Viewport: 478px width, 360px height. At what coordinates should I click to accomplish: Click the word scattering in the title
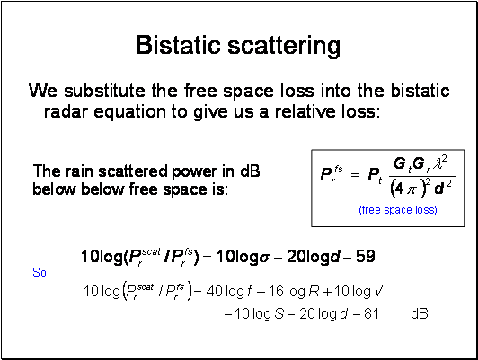click(284, 47)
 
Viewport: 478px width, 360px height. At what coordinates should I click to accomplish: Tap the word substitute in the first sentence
click(104, 91)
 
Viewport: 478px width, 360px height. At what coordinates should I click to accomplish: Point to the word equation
click(130, 113)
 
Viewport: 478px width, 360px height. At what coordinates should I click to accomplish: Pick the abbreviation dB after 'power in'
click(250, 171)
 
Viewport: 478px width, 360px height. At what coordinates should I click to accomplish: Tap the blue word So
click(40, 272)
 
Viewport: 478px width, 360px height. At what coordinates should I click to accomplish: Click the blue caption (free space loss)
click(398, 210)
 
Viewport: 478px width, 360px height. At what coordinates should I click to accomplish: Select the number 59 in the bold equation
click(365, 257)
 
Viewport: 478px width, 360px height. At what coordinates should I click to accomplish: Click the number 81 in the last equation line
click(371, 313)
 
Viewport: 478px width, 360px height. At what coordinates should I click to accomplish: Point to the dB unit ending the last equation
click(420, 313)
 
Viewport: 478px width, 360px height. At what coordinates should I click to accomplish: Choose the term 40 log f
click(229, 292)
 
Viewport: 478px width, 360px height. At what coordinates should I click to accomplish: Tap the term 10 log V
click(358, 292)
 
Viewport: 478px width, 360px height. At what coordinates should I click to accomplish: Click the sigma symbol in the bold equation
click(264, 259)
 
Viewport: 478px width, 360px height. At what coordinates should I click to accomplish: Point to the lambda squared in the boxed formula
click(440, 163)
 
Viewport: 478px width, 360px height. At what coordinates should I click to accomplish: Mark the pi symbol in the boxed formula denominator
click(411, 190)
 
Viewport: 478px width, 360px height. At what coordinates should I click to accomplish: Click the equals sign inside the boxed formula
click(355, 175)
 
